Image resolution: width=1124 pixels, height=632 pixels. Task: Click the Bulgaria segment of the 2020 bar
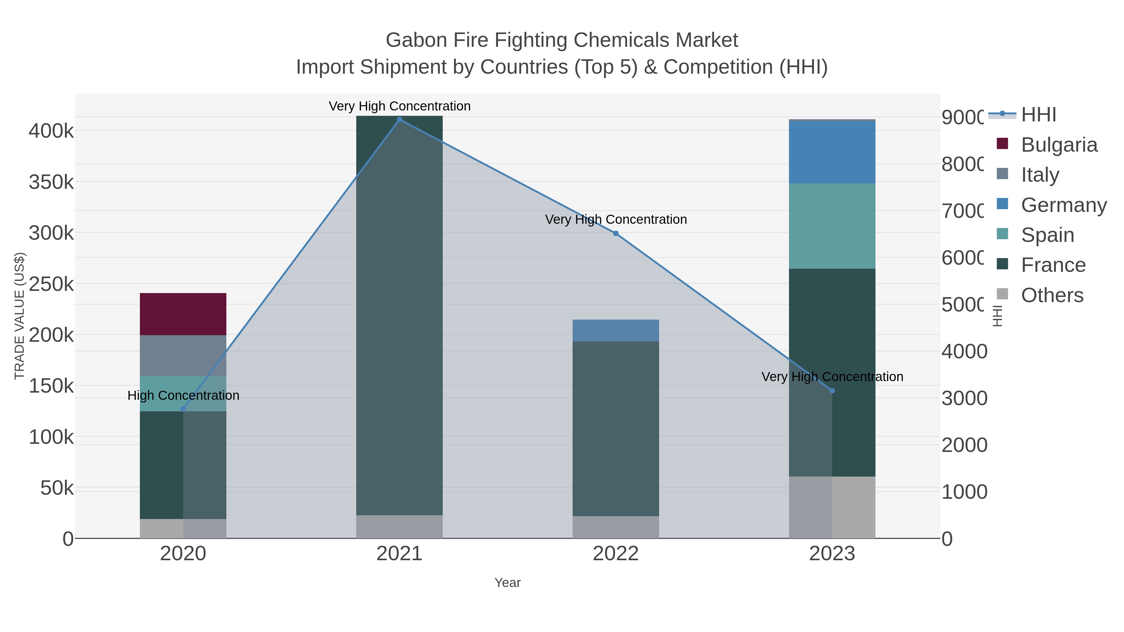coord(183,314)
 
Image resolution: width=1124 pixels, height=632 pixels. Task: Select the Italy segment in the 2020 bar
coord(183,355)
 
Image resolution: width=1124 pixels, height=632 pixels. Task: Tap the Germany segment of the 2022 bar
coord(616,330)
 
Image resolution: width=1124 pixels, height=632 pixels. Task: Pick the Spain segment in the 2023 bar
coord(832,226)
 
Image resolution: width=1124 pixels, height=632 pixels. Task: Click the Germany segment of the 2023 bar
coord(832,152)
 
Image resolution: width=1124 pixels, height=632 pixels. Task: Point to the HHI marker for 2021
coord(399,120)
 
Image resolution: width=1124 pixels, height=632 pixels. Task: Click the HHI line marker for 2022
coord(616,233)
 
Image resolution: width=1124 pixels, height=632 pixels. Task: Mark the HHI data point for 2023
coord(832,391)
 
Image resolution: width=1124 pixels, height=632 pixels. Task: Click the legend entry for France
coord(1053,265)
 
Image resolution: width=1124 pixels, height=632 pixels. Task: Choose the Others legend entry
coord(1052,295)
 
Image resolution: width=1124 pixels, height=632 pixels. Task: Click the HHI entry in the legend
coord(1038,115)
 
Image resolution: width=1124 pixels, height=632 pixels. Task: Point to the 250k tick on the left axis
coord(51,284)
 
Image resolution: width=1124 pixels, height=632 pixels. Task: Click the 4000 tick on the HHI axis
coord(964,351)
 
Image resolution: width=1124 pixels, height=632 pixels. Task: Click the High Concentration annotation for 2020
coord(183,396)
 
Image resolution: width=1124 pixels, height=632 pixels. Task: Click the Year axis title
coord(507,583)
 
